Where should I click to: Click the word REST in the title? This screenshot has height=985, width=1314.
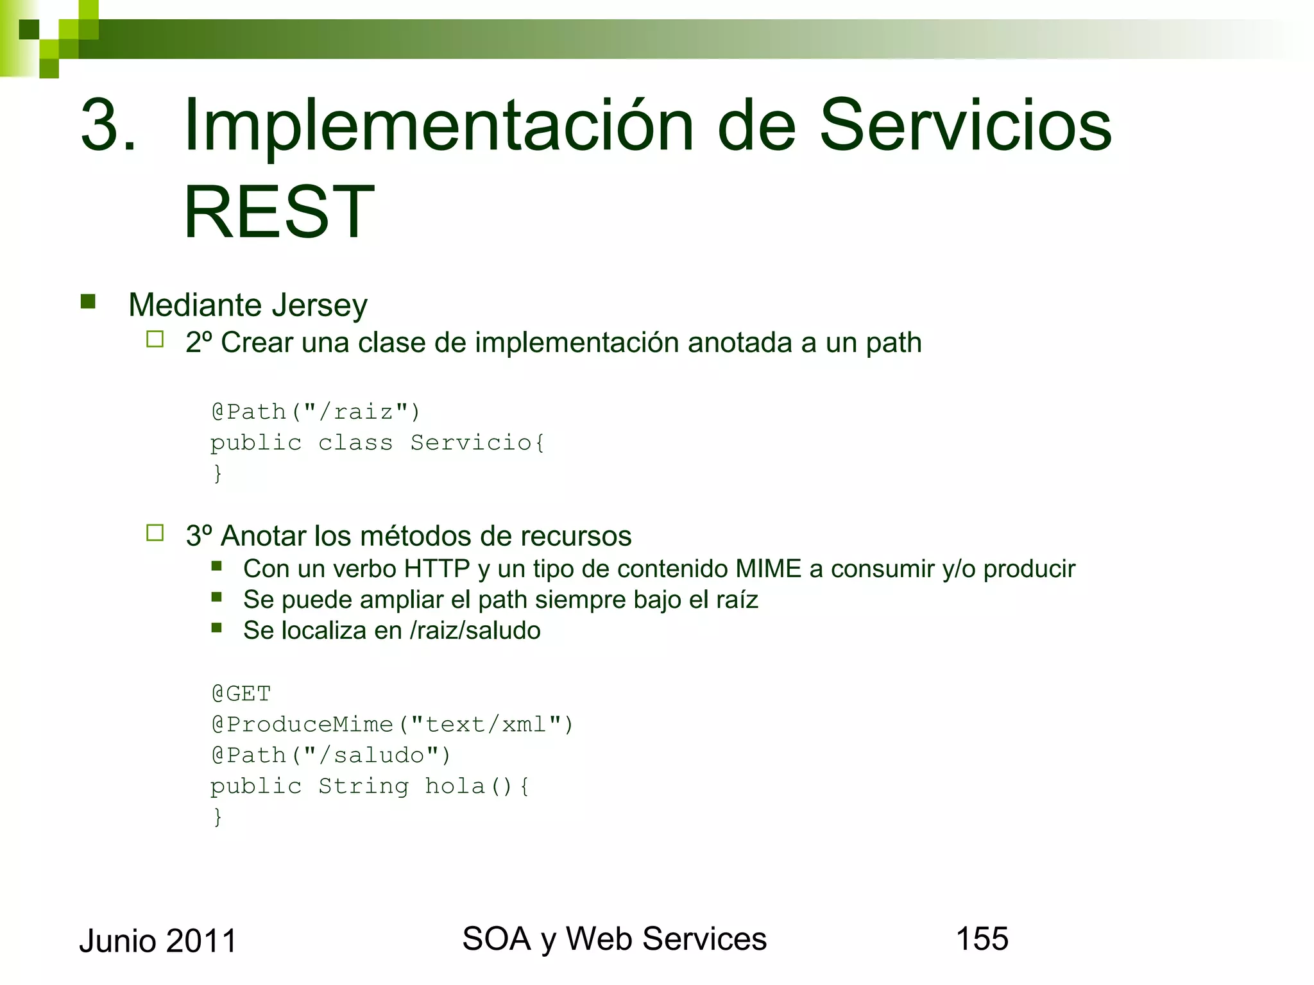278,212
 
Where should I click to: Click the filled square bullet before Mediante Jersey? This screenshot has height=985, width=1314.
89,301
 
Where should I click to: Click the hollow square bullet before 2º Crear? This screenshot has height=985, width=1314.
155,339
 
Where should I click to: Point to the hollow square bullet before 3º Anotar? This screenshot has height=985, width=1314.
155,532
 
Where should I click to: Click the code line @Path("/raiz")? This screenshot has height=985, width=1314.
316,412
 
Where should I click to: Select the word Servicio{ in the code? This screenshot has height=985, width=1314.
477,442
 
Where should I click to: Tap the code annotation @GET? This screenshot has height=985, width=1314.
241,694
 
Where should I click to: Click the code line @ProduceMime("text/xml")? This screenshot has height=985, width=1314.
392,725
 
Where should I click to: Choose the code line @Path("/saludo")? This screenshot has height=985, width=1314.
331,755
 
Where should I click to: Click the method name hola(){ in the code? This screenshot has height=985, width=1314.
477,786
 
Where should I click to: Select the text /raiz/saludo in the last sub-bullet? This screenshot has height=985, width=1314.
475,631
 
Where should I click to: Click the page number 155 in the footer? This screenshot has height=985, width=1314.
982,939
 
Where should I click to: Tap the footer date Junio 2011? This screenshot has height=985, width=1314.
158,941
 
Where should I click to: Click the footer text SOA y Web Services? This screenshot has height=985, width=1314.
614,939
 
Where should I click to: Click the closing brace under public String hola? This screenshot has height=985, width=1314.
218,817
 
